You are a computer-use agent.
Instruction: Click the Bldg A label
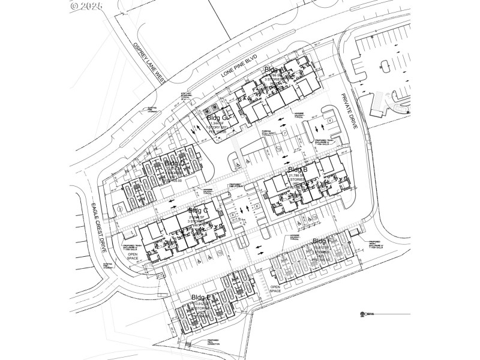click(275, 70)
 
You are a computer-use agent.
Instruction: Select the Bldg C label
click(198, 211)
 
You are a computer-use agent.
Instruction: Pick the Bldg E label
click(200, 298)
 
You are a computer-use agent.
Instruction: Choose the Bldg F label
click(322, 241)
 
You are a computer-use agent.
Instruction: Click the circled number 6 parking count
click(256, 207)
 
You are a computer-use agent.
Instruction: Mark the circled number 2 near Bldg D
click(120, 208)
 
